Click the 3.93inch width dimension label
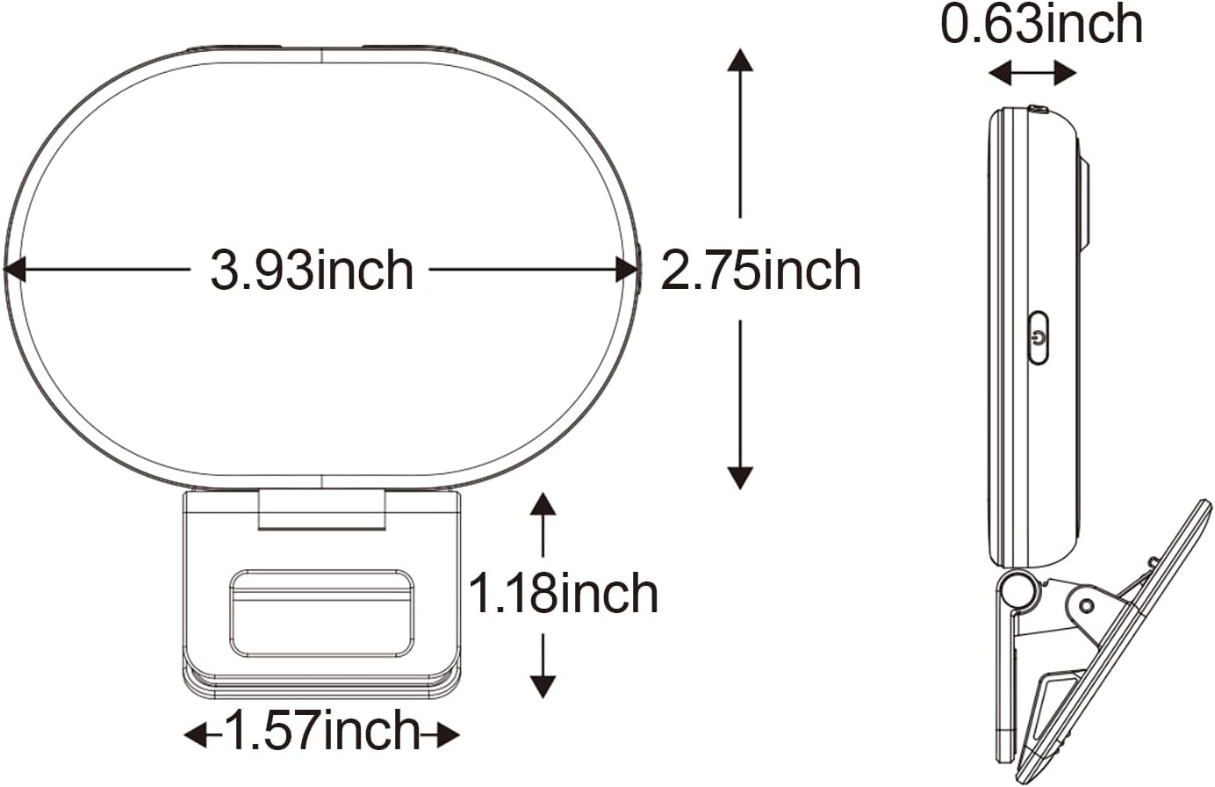tap(312, 270)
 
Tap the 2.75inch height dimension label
tap(760, 270)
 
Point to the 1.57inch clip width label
tap(323, 731)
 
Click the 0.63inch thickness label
tap(1042, 25)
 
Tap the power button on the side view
tap(1039, 337)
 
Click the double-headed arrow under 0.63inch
tap(1032, 74)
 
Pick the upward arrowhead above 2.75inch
tap(740, 60)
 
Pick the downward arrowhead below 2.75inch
tap(740, 477)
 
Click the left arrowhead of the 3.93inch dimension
tap(14, 270)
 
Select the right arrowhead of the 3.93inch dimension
tap(627, 270)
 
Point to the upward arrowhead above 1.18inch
tap(543, 504)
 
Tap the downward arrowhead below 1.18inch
tap(543, 685)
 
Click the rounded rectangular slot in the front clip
tap(321, 612)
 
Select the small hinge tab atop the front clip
tap(321, 510)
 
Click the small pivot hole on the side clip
tap(1087, 604)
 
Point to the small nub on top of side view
tap(1038, 110)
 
